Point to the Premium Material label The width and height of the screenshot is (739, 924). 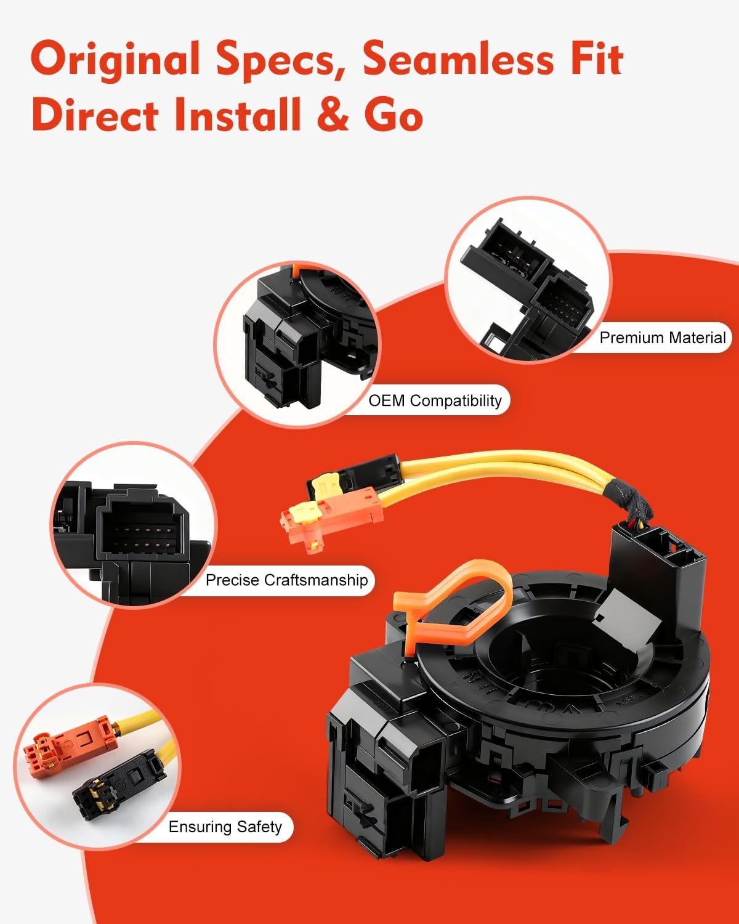tap(662, 338)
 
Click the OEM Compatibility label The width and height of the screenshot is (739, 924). tap(435, 400)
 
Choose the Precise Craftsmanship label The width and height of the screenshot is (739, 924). tap(286, 580)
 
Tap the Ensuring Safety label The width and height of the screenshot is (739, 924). tap(225, 827)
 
